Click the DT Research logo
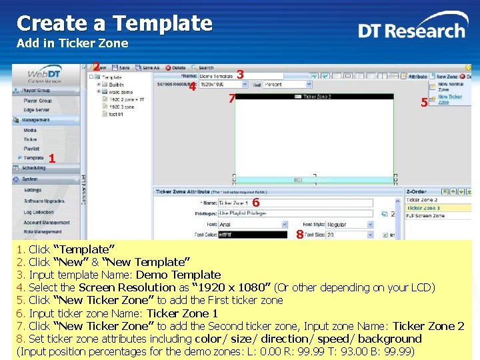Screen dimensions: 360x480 pyautogui.click(x=411, y=30)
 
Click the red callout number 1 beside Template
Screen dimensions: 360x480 pyautogui.click(x=51, y=158)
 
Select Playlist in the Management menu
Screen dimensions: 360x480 pyautogui.click(x=31, y=149)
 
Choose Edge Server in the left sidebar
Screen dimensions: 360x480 pyautogui.click(x=37, y=110)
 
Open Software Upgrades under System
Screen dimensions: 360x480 pyautogui.click(x=44, y=201)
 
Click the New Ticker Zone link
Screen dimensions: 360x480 pyautogui.click(x=450, y=99)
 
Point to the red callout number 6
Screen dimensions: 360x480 pyautogui.click(x=255, y=202)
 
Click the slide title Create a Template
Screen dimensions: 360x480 pyautogui.click(x=114, y=23)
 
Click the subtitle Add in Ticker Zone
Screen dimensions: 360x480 pyautogui.click(x=72, y=44)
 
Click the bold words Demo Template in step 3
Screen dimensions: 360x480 pyautogui.click(x=178, y=275)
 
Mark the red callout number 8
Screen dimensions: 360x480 pyautogui.click(x=300, y=235)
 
